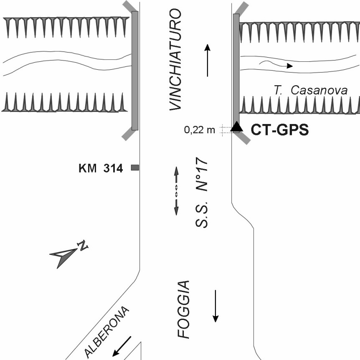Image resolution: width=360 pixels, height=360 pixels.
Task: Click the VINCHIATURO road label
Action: click(175, 61)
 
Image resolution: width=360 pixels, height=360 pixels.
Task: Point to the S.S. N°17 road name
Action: click(203, 192)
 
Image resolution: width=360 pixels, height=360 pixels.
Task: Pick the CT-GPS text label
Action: click(279, 130)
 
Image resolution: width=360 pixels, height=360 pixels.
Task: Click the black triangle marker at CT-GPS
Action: click(237, 126)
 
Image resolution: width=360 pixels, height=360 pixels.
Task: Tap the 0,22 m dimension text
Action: click(200, 130)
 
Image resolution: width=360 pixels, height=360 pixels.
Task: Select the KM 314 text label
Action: click(101, 169)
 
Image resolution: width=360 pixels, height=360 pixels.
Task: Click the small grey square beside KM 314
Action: click(135, 168)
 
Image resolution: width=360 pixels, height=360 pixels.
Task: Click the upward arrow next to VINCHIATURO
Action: click(207, 61)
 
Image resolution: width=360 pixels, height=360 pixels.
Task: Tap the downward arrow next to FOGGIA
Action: click(215, 306)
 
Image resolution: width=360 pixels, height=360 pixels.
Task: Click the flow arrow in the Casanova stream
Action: click(276, 64)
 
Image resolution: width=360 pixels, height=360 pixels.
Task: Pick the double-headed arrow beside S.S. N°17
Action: click(176, 191)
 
